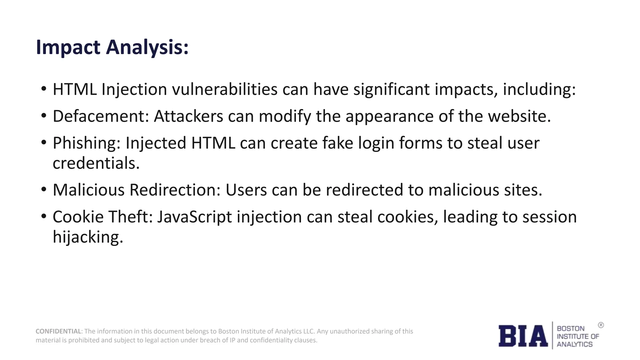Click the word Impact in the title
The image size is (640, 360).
click(68, 47)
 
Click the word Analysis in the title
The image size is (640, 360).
click(147, 47)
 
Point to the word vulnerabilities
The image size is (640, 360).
click(225, 89)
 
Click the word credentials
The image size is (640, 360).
click(96, 163)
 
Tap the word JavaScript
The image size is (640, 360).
click(194, 217)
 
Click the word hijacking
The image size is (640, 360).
click(88, 237)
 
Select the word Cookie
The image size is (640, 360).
click(78, 217)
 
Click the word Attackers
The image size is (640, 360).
click(188, 116)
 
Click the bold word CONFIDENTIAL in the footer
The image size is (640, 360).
click(58, 331)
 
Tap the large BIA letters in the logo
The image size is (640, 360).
click(523, 336)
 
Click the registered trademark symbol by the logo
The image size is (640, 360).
click(601, 325)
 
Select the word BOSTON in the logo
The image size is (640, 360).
click(570, 329)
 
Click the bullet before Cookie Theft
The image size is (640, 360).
click(44, 216)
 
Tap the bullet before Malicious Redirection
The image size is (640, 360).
click(44, 189)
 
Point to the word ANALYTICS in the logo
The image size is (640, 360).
click(574, 344)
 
